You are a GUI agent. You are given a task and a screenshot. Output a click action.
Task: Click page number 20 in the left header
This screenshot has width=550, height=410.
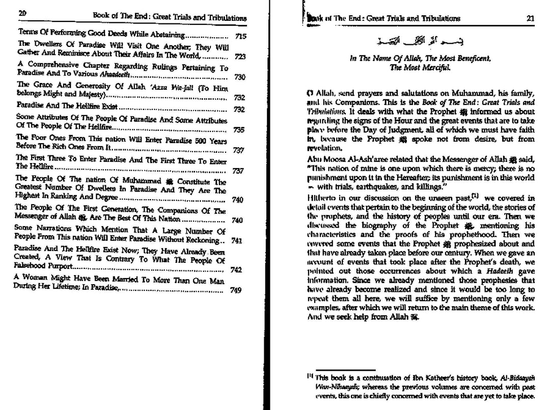click(x=22, y=14)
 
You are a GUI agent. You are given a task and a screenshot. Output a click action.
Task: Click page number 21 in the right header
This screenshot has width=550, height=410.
click(x=530, y=18)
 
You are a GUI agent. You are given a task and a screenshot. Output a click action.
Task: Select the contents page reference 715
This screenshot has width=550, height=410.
click(x=241, y=37)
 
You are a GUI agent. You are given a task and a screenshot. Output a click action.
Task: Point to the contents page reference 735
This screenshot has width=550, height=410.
click(x=238, y=130)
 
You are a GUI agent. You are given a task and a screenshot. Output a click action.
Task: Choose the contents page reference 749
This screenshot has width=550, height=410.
click(x=235, y=290)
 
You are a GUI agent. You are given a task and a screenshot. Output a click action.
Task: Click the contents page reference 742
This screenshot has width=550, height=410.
click(x=235, y=270)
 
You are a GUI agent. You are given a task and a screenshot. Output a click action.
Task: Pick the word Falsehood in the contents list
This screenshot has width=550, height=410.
click(x=33, y=266)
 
